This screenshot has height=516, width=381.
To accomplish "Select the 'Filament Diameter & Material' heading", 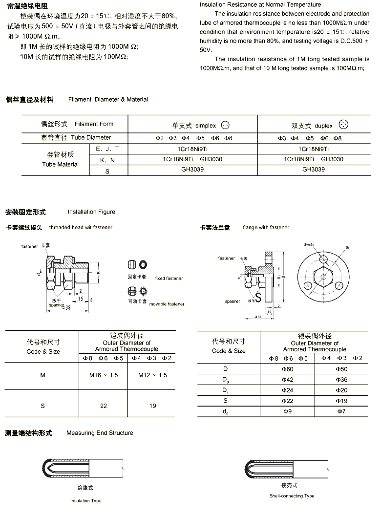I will [108, 99].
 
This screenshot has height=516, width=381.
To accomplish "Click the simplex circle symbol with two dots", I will [225, 125].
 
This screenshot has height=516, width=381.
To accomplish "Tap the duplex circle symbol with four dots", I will [344, 125].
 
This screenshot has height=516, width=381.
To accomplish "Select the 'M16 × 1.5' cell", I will [104, 375].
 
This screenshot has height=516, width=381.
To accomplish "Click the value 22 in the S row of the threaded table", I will [104, 406].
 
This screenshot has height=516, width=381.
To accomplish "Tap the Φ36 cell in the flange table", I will [341, 380].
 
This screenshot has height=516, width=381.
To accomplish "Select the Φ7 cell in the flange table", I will [341, 411].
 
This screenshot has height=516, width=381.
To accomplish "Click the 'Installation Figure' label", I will [91, 212].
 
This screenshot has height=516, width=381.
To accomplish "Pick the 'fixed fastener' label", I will [169, 279].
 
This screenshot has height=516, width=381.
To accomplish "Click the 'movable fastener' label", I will [167, 304].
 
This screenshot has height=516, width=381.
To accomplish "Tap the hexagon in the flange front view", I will [323, 277].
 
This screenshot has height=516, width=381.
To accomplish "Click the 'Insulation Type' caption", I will [85, 501].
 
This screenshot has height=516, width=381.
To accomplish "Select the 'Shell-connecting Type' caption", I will [292, 496].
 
